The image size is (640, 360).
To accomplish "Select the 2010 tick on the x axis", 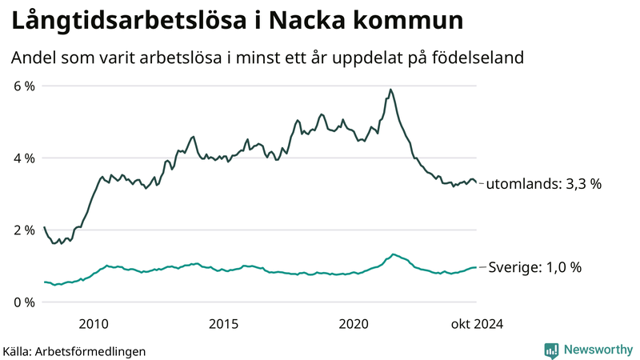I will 94,324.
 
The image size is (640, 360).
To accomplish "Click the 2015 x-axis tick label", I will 223,324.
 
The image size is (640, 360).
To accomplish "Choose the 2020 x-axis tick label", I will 354,324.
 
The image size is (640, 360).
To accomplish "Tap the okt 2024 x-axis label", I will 477,324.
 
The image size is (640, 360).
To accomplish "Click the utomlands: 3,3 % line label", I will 544,183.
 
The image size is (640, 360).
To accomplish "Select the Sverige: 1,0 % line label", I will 534,267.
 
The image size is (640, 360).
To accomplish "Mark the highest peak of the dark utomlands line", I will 390,89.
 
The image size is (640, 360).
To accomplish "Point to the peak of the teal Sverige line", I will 393,254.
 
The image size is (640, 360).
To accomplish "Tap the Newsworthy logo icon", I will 551,350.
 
